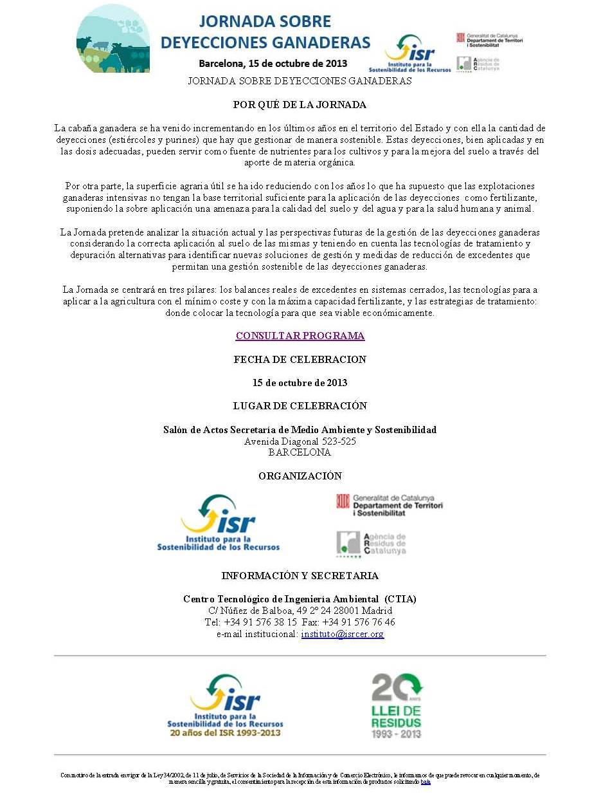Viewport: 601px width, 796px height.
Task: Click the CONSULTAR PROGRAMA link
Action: click(300, 336)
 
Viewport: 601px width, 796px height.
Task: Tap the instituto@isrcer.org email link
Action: click(343, 634)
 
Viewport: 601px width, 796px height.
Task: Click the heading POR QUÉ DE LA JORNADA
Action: click(300, 105)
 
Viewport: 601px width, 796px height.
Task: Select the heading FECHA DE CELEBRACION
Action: click(300, 360)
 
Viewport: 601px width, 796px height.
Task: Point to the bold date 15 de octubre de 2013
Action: click(300, 383)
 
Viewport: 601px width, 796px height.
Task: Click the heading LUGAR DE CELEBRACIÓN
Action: click(300, 406)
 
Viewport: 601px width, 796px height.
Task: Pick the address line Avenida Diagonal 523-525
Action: click(300, 442)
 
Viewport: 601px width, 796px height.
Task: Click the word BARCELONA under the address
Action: click(300, 452)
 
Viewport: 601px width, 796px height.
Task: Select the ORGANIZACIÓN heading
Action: click(300, 476)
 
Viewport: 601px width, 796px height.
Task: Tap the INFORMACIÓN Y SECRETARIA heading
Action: click(300, 576)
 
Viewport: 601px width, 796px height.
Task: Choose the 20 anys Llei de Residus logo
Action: click(397, 705)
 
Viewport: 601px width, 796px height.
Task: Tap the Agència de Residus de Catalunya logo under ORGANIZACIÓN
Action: click(372, 544)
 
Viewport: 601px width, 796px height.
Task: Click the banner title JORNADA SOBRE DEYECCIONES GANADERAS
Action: click(265, 32)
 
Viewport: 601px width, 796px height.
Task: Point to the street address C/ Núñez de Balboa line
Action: click(300, 611)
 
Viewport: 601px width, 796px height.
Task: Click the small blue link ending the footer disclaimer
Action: click(426, 782)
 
